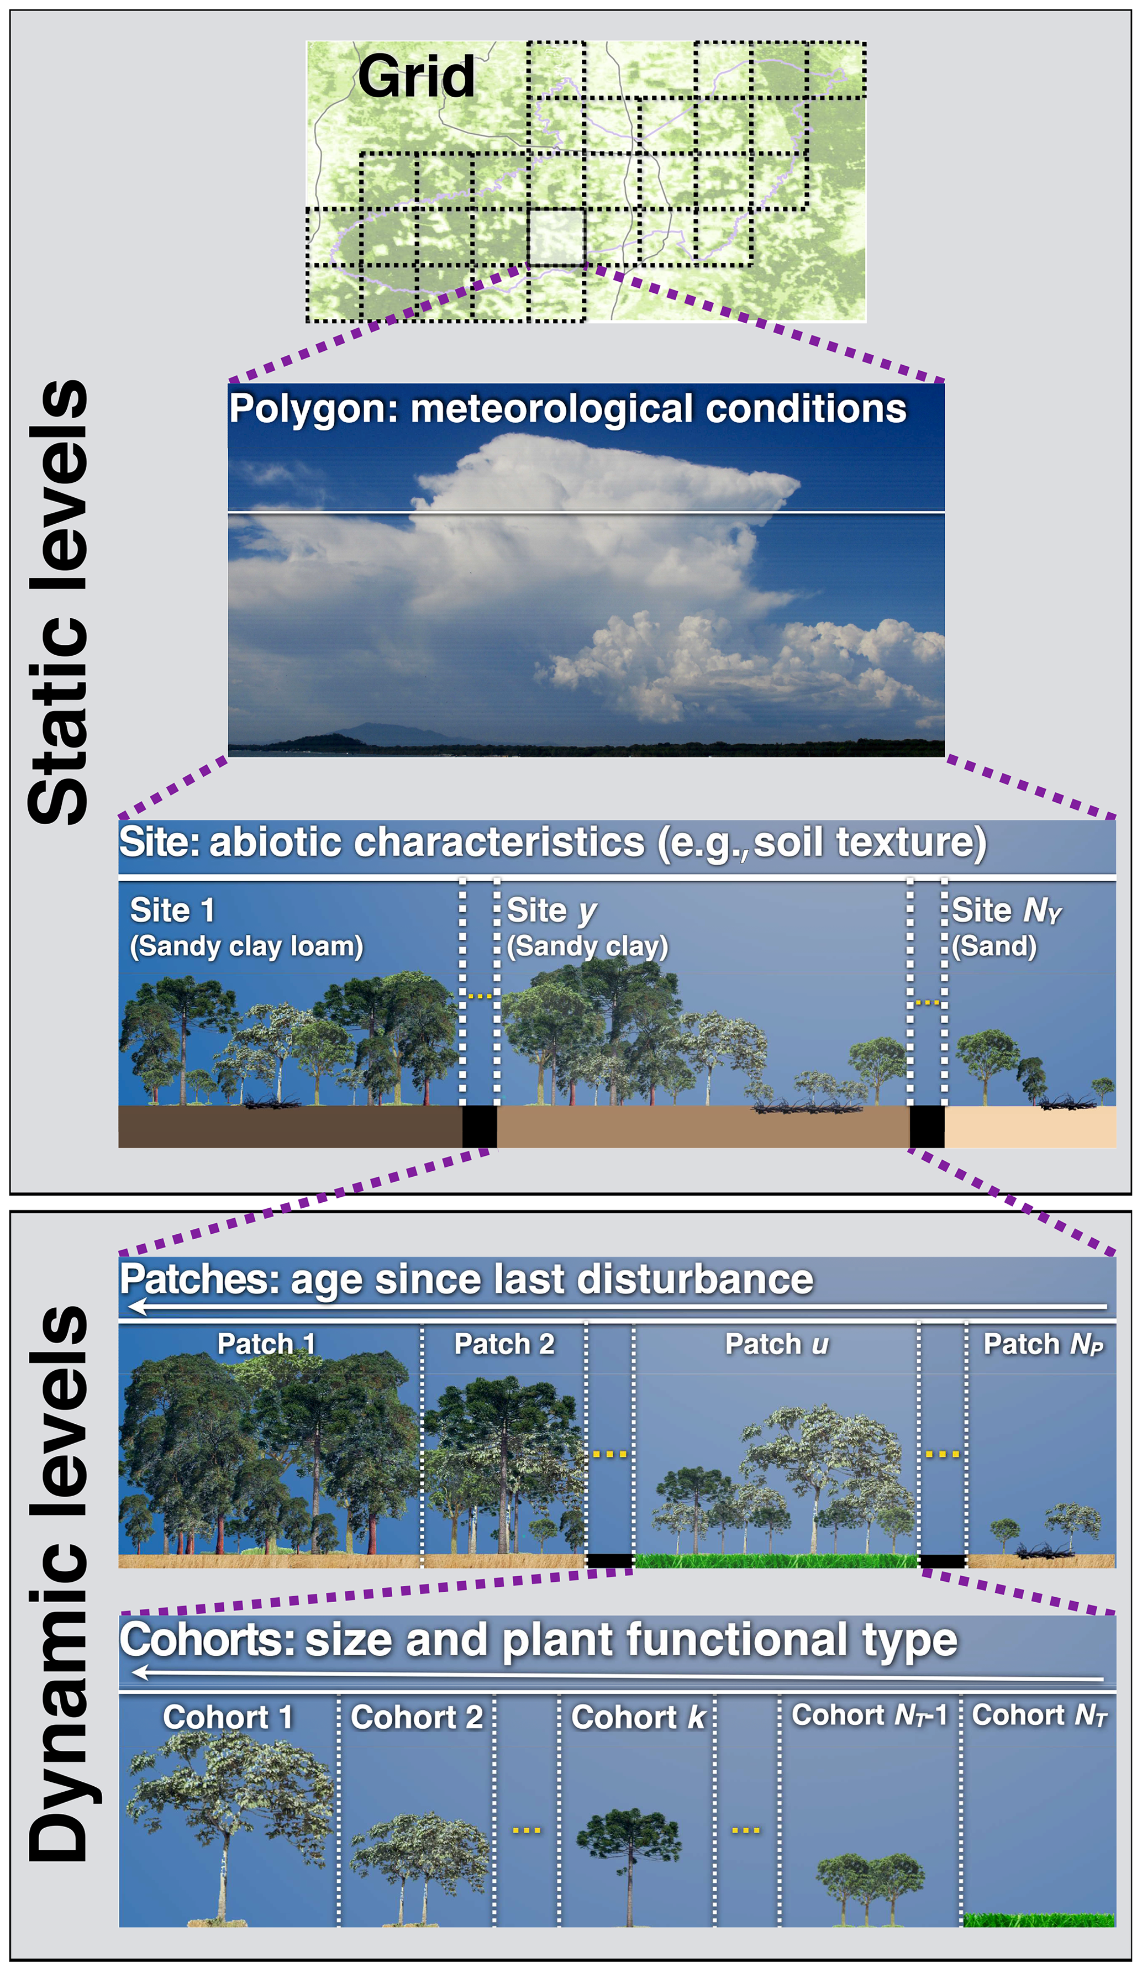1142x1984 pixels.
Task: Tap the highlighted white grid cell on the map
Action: tap(557, 237)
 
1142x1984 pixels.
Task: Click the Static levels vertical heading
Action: tap(59, 602)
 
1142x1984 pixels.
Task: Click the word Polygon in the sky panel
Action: tap(313, 410)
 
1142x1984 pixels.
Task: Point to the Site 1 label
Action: tap(172, 911)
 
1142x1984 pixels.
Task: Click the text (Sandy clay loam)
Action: tap(246, 946)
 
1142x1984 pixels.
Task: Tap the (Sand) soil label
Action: tap(994, 946)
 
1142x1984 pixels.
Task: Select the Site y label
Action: tap(552, 911)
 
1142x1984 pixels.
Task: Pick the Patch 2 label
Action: tap(504, 1344)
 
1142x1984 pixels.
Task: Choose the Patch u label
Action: tap(776, 1344)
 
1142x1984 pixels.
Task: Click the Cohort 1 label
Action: tap(228, 1717)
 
